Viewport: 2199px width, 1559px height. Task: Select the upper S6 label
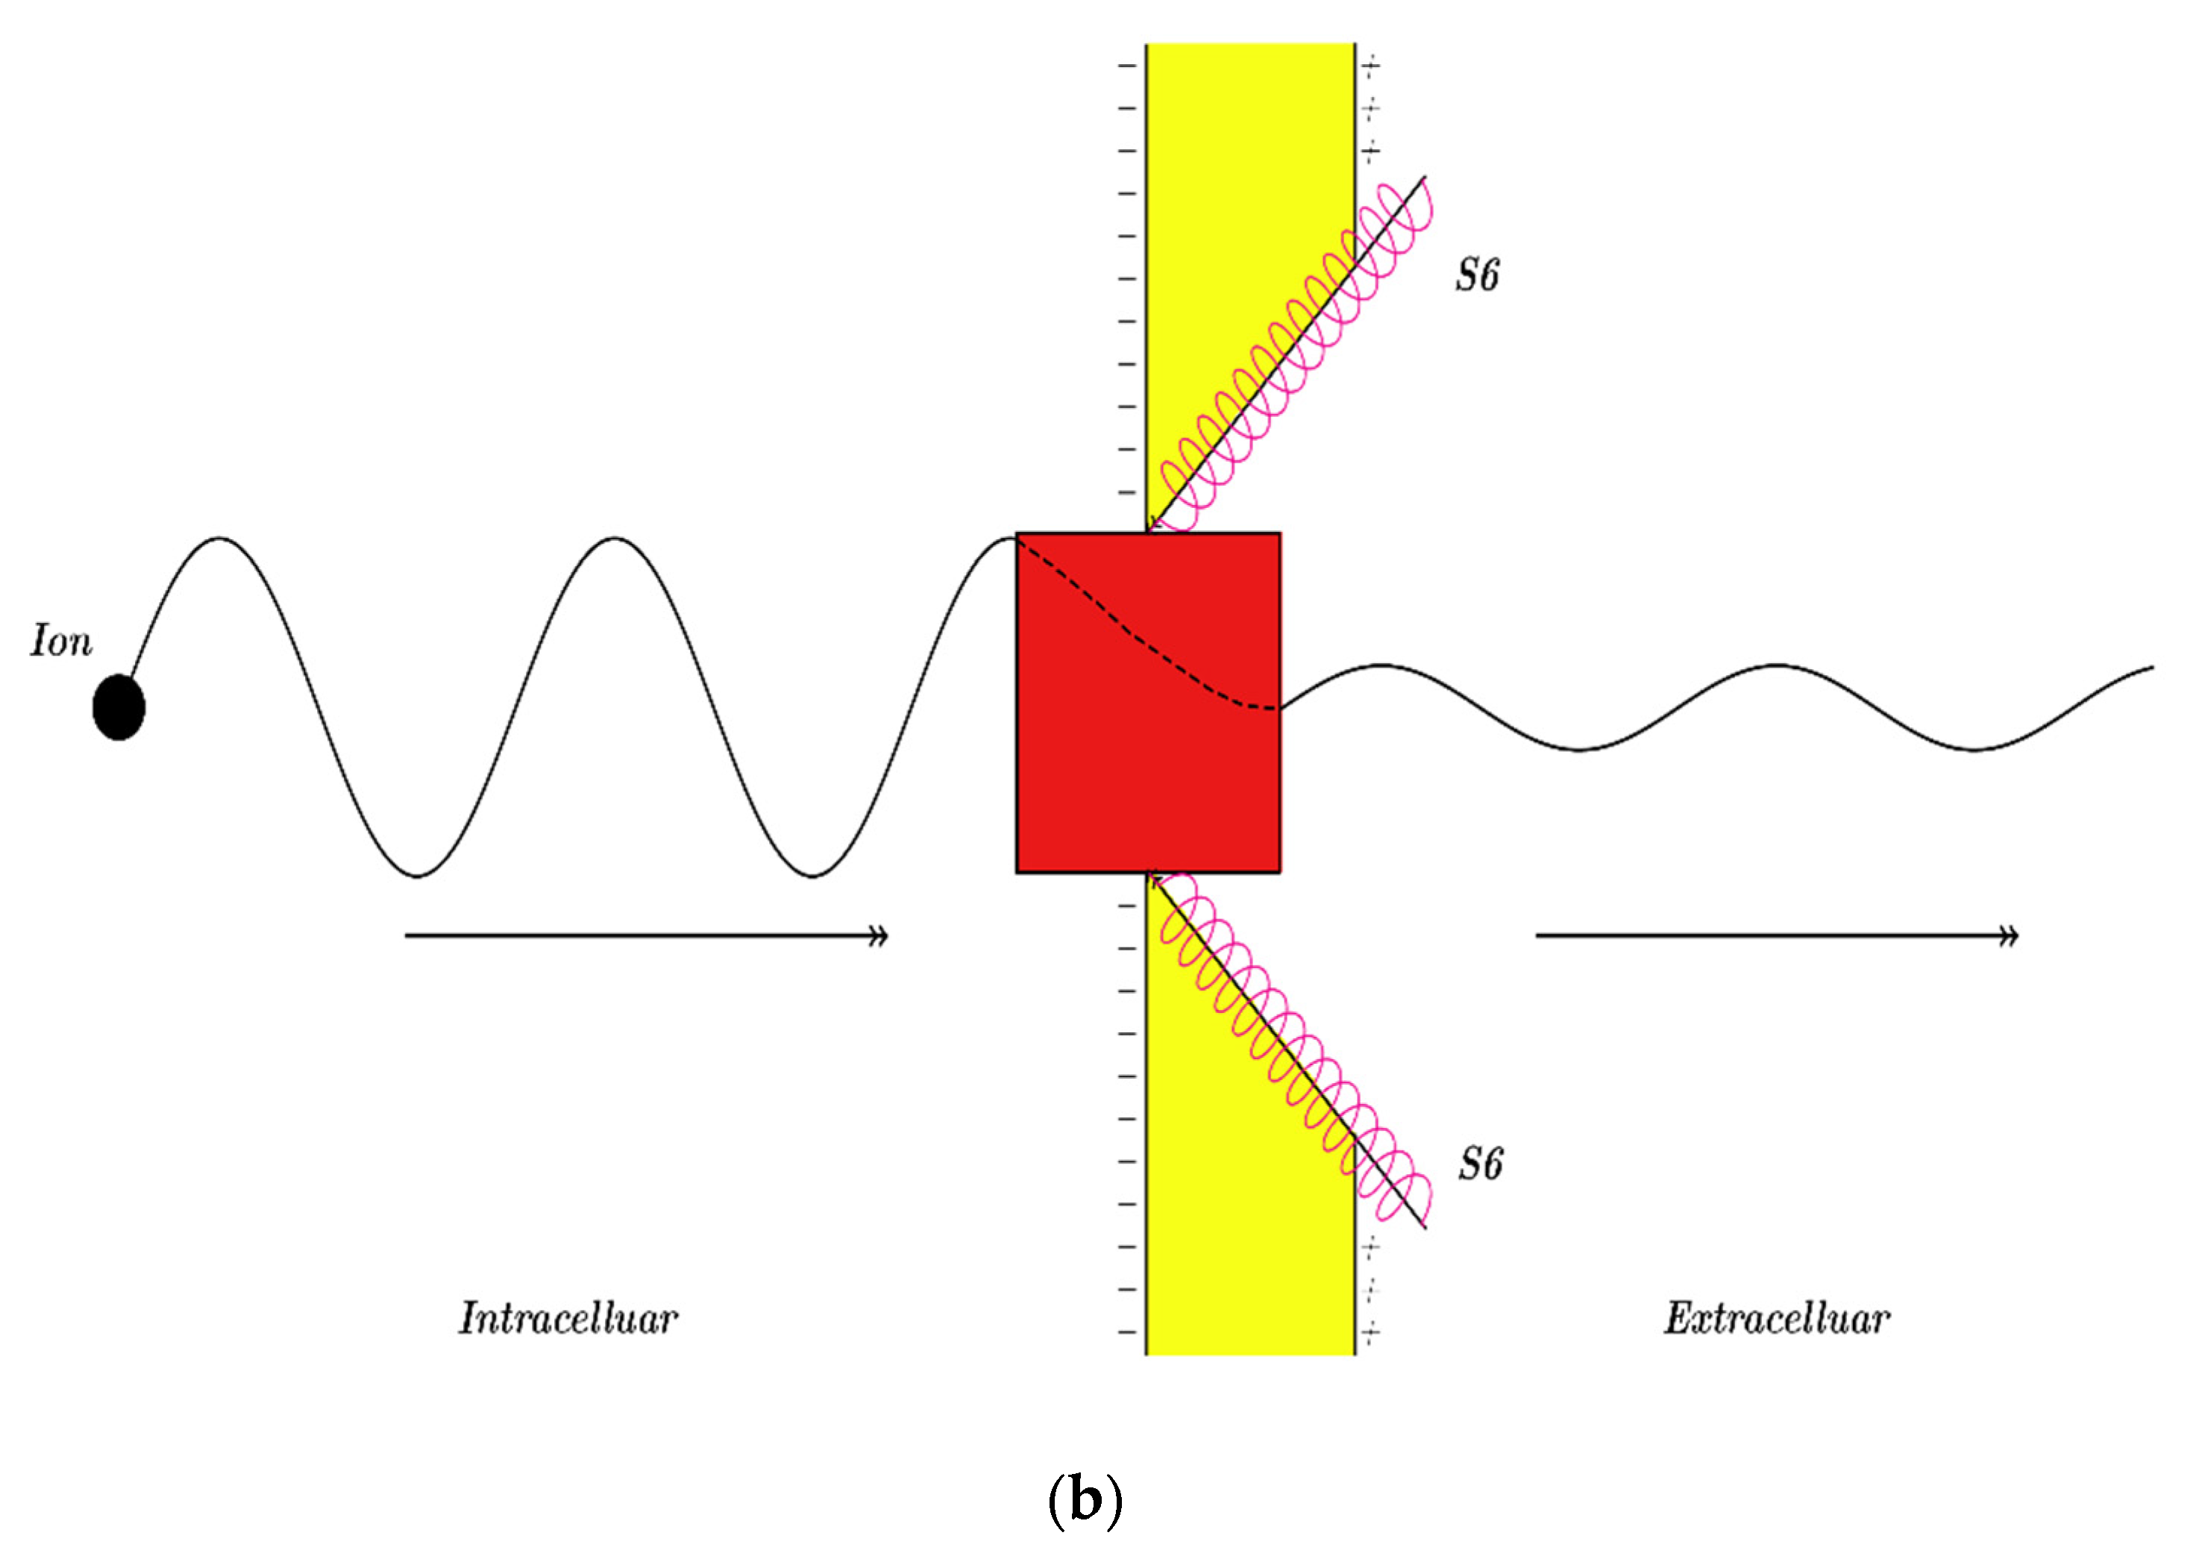click(1476, 275)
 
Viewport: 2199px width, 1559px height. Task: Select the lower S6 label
click(1480, 1164)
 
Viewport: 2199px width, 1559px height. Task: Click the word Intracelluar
click(568, 1319)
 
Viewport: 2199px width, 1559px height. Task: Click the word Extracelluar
click(1777, 1319)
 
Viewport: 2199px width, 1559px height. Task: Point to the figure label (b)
click(1085, 1502)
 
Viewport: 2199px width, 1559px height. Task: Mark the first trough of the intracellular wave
click(416, 876)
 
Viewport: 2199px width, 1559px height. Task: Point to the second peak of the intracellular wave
click(615, 539)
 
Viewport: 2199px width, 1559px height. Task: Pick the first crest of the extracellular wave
click(1380, 665)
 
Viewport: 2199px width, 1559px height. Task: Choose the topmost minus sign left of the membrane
click(1127, 66)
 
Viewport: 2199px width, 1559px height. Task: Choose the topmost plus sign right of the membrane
click(1372, 66)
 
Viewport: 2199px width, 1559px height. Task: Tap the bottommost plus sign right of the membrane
click(1372, 1331)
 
